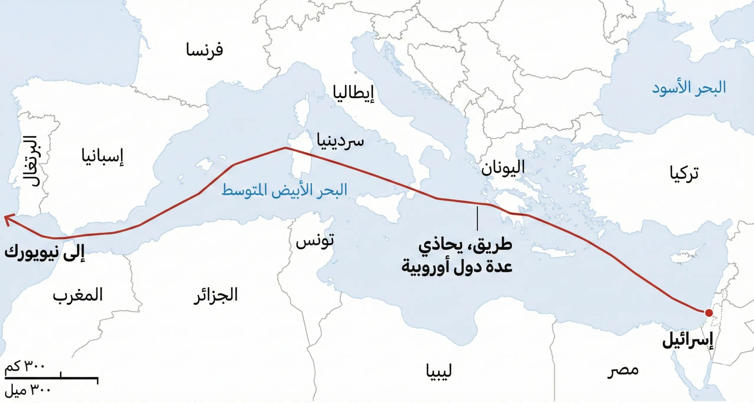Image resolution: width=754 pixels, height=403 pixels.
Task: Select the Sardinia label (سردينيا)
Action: click(340, 141)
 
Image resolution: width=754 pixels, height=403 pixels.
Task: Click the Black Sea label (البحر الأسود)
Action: click(689, 88)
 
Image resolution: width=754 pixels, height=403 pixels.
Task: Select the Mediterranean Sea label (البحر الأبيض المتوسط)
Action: click(284, 190)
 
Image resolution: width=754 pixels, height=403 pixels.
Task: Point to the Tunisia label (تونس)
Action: click(315, 241)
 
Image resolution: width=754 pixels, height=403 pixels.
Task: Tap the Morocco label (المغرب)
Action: click(78, 295)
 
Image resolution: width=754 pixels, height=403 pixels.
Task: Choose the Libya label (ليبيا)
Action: click(439, 372)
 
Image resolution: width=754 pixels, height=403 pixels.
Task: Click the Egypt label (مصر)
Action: click(623, 370)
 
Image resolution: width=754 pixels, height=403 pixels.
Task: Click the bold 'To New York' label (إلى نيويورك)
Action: click(44, 253)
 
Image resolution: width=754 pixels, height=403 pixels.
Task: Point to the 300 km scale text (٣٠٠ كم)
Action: click(24, 366)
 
